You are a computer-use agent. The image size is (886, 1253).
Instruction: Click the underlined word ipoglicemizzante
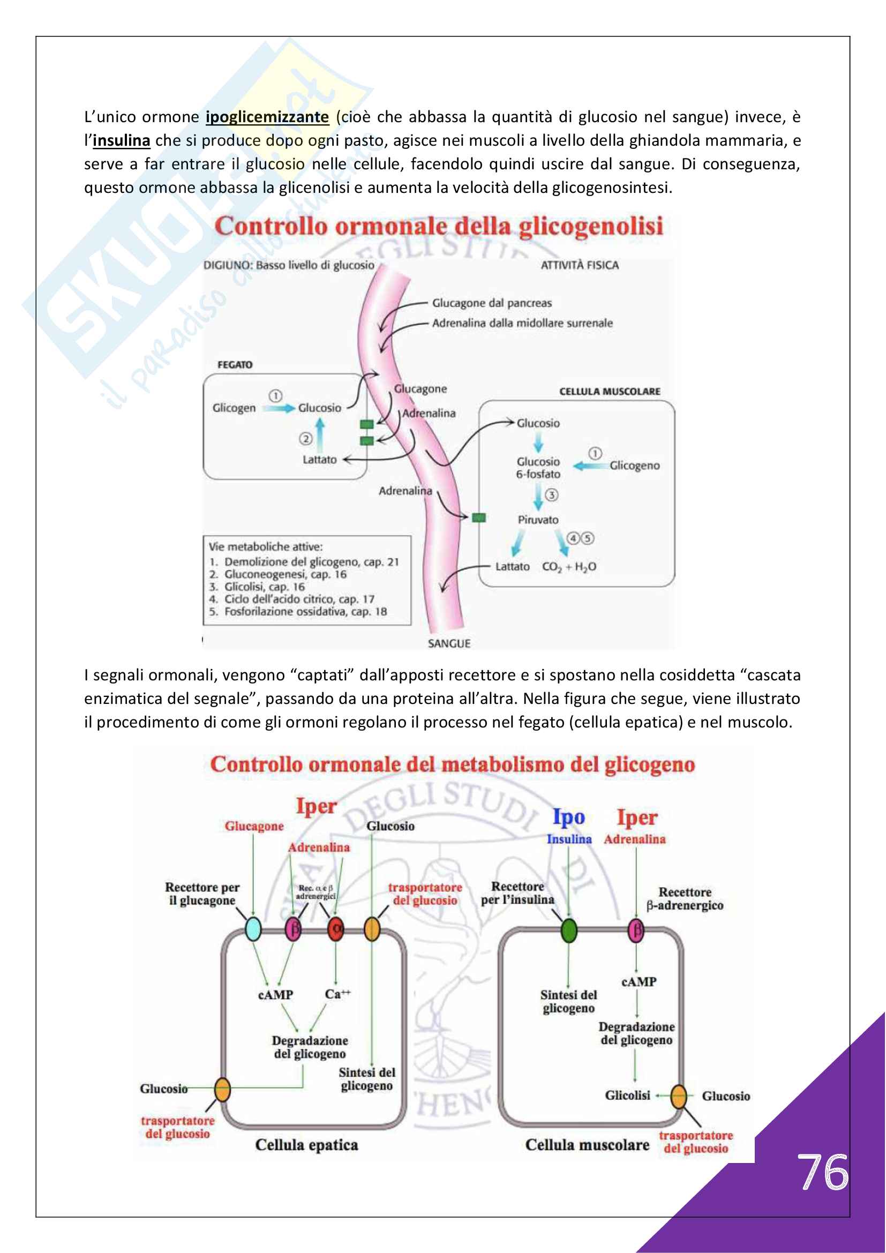[267, 117]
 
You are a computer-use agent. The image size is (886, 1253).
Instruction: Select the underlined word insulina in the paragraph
[121, 141]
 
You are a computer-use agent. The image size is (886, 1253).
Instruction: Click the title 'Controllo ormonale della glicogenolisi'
[439, 227]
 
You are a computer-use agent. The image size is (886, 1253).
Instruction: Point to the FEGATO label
[235, 365]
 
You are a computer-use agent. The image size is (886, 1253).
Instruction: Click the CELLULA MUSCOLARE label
[610, 391]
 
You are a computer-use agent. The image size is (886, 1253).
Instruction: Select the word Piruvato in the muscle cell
[538, 520]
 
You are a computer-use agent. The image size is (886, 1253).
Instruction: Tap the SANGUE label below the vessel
[448, 643]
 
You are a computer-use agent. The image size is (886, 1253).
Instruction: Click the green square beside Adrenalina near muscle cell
[478, 517]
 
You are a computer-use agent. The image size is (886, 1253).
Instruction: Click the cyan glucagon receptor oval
[253, 929]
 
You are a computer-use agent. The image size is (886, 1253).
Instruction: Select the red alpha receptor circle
[335, 929]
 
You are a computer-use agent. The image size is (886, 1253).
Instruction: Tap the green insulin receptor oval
[568, 931]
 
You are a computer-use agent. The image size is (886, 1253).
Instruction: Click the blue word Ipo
[568, 817]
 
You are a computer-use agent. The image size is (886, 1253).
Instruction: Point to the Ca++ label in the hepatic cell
[337, 994]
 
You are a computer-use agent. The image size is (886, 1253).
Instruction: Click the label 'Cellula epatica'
[306, 1145]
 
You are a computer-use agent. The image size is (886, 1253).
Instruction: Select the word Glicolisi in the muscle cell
[627, 1096]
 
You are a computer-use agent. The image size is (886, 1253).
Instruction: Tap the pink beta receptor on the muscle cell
[636, 931]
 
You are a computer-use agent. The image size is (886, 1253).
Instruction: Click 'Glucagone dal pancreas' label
[492, 303]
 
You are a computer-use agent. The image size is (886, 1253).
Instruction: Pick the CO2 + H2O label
[569, 567]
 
